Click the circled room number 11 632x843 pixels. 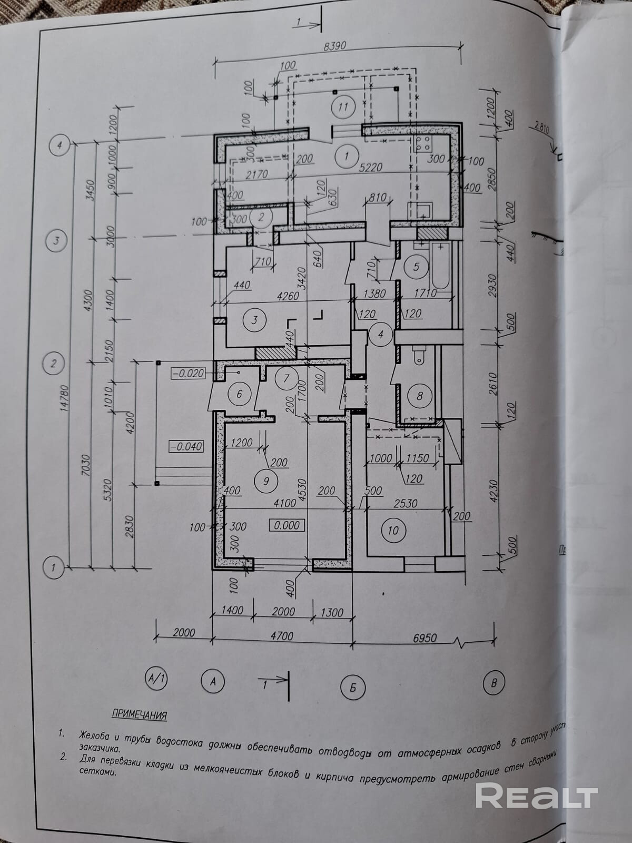point(343,107)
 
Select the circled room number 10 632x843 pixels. point(393,530)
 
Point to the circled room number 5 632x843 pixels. point(416,267)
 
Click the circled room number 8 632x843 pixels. point(420,396)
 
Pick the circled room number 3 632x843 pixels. point(254,320)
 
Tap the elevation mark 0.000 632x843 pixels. point(286,525)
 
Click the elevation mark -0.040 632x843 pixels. point(186,446)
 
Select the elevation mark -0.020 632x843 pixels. point(187,373)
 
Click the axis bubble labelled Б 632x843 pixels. point(353,687)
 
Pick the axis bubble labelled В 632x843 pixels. point(493,684)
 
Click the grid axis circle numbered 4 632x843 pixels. point(60,145)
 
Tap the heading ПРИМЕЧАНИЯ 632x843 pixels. point(140,715)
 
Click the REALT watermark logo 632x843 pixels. point(537,796)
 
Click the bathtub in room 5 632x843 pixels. point(441,267)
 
